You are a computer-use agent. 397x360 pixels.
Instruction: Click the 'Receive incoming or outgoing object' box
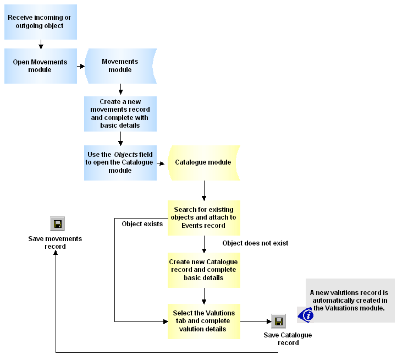[x=40, y=22]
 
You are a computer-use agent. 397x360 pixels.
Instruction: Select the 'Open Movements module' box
[x=40, y=66]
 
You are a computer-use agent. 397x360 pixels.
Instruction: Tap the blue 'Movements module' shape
[x=120, y=66]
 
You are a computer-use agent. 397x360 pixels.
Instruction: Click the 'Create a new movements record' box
[x=120, y=113]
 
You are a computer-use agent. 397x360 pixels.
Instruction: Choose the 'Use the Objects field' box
[x=120, y=162]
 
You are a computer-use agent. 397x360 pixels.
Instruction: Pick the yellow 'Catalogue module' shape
[x=203, y=162]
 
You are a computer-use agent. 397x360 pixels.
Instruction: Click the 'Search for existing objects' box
[x=203, y=217]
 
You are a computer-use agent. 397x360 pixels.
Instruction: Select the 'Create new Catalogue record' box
[x=203, y=270]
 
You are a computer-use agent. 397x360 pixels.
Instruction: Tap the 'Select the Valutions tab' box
[x=203, y=321]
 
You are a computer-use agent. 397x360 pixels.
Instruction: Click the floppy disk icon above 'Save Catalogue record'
[x=278, y=321]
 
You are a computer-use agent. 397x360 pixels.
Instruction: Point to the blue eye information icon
[x=306, y=315]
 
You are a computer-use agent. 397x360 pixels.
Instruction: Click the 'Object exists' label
[x=142, y=224]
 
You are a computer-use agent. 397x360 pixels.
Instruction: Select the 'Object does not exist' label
[x=255, y=243]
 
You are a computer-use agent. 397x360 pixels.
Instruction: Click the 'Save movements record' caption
[x=55, y=243]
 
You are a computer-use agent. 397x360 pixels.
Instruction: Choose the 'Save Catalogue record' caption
[x=288, y=339]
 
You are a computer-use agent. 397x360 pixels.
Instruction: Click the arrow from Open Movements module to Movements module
[x=81, y=66]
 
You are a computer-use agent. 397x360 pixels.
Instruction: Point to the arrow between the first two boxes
[x=40, y=43]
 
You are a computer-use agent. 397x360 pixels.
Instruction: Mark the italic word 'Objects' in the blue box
[x=126, y=155]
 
